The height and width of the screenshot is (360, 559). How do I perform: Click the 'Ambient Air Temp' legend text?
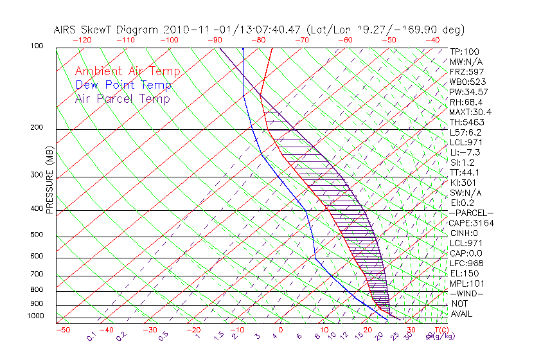tap(127, 71)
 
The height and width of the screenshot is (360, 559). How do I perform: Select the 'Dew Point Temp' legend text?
tap(123, 85)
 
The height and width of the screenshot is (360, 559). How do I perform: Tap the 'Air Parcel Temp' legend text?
tap(123, 98)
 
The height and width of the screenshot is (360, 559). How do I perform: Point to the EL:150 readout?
tap(463, 273)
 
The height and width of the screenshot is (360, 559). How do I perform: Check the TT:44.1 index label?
tap(465, 172)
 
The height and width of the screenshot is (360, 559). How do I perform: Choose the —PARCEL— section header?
tap(471, 213)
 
